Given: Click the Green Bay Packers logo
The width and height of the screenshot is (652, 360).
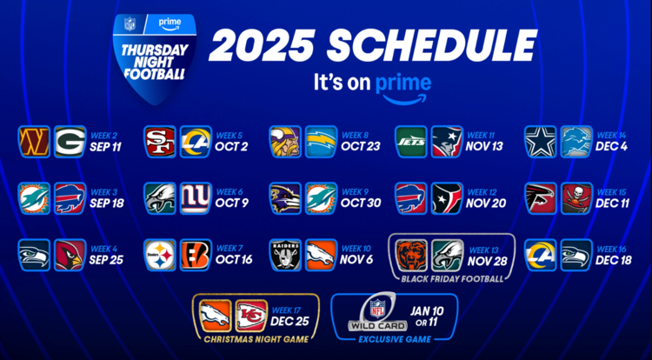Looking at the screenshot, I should tap(70, 142).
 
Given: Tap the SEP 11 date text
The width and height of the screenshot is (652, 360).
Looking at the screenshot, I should tap(106, 148).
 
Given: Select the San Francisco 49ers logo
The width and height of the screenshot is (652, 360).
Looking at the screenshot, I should tap(159, 142).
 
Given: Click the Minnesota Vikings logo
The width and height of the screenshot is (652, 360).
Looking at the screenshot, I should tap(285, 142).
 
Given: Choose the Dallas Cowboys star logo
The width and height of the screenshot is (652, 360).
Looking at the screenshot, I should tap(539, 142).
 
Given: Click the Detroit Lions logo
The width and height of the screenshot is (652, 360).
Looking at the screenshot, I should tap(575, 142).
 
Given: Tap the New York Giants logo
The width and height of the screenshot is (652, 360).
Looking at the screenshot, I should tap(196, 198).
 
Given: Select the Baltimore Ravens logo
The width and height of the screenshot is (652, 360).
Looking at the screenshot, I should tap(285, 198).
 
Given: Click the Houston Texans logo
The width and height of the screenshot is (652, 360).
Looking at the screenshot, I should tap(448, 198).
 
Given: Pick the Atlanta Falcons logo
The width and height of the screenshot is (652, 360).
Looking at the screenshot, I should tap(539, 198).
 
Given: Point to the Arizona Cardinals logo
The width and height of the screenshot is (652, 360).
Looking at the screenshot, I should tap(70, 255).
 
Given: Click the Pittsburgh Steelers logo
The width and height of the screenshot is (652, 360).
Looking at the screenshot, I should tap(159, 255).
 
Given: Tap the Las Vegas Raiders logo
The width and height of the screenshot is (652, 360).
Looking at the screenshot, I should tap(285, 255).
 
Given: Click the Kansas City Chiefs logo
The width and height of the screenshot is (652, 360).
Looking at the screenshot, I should tap(249, 313).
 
